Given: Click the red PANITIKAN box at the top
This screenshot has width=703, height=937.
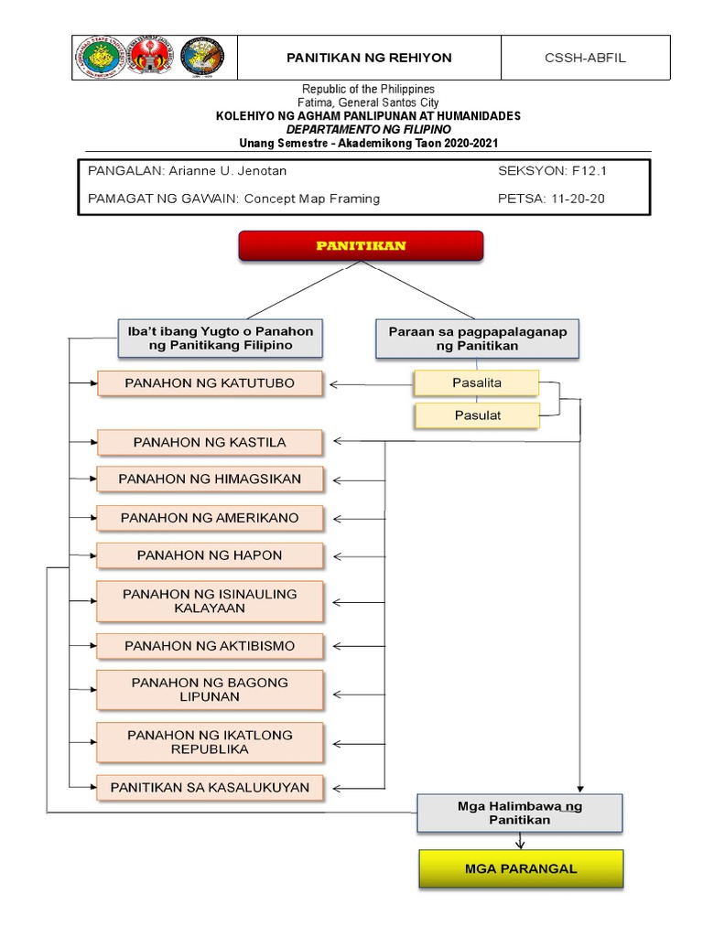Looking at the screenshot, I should (361, 246).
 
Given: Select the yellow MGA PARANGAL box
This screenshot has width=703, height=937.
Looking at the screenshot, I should (521, 868).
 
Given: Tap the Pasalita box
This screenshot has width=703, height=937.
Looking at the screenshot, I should (476, 383).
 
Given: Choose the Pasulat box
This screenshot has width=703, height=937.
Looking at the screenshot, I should (476, 415).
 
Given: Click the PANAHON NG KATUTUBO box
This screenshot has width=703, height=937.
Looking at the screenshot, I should (210, 383).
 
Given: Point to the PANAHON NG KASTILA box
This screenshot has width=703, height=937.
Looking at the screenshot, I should (210, 442).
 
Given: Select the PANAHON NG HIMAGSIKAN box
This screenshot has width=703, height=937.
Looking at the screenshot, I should (210, 479).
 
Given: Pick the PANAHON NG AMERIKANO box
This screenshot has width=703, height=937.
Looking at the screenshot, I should (210, 518).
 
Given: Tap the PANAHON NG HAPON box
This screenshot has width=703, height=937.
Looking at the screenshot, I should (210, 555).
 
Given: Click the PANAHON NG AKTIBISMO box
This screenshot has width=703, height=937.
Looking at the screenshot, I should (210, 645).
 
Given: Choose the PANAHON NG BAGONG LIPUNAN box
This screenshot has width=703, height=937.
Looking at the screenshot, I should (210, 690).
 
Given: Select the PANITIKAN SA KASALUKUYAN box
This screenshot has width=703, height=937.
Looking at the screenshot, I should (210, 787).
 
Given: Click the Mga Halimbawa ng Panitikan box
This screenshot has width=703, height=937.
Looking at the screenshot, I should (519, 813).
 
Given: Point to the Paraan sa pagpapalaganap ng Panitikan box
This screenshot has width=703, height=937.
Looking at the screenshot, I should (477, 339).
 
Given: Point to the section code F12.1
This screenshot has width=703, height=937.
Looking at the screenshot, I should (589, 171).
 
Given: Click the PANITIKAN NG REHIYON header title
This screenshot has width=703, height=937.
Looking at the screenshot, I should (369, 58).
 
